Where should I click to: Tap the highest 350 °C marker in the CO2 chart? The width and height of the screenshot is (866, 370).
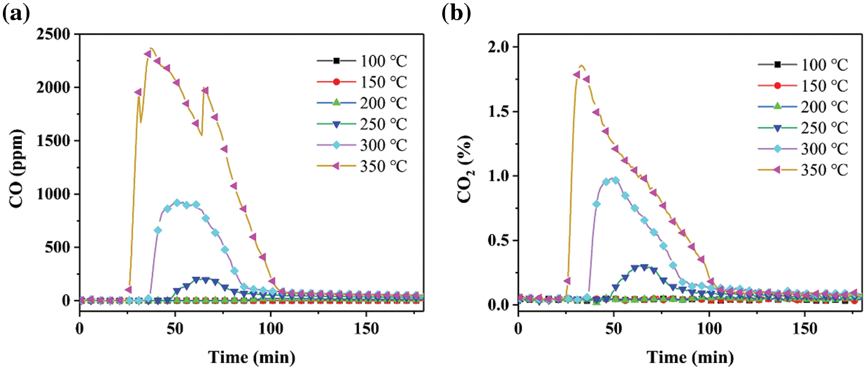tap(577, 75)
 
